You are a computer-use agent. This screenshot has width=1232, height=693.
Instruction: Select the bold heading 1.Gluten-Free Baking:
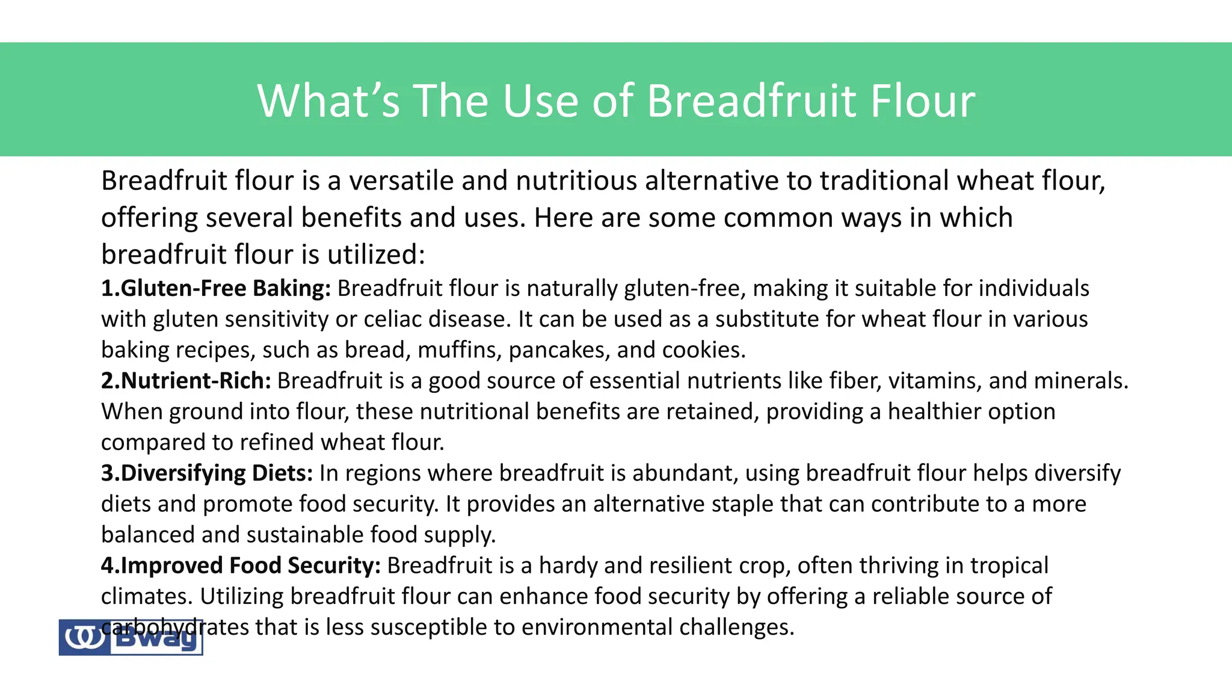216,289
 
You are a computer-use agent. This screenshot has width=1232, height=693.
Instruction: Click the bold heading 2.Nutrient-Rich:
186,381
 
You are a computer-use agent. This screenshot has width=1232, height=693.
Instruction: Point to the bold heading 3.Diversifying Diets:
207,473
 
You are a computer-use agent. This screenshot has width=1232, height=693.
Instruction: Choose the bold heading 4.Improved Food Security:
241,565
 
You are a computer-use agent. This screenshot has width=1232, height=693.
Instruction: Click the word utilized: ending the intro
375,255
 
